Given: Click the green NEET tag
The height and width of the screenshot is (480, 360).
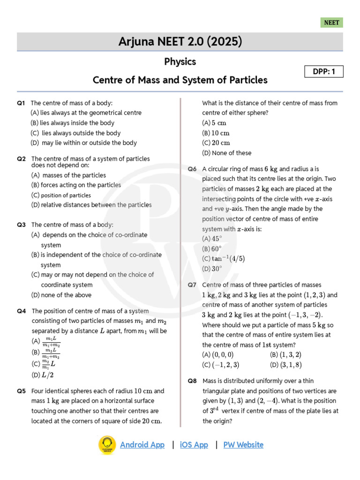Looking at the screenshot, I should pyautogui.click(x=332, y=22).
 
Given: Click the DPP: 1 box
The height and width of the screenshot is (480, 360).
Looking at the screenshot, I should pyautogui.click(x=324, y=72).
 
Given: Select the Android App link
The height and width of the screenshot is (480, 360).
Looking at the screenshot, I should pyautogui.click(x=142, y=445).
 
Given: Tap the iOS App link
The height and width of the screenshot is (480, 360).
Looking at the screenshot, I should pyautogui.click(x=194, y=445).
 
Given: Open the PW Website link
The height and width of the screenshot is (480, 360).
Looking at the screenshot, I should pyautogui.click(x=243, y=445).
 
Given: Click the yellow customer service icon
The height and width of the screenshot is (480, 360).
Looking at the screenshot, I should pyautogui.click(x=107, y=445).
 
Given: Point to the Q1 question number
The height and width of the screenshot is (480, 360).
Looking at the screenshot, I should pyautogui.click(x=21, y=103).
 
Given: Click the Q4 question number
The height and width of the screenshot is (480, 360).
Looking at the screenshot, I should pyautogui.click(x=21, y=311).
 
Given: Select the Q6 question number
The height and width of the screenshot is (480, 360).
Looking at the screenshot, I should pyautogui.click(x=192, y=169).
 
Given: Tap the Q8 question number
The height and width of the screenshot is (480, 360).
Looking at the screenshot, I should pyautogui.click(x=192, y=381).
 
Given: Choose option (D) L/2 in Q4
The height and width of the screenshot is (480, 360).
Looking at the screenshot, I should pyautogui.click(x=45, y=375).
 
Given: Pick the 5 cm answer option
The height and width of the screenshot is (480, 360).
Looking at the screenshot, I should pyautogui.click(x=214, y=123).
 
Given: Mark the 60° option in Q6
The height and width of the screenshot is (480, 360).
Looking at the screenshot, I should pyautogui.click(x=212, y=249).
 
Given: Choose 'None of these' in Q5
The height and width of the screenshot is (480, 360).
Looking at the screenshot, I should pyautogui.click(x=227, y=153).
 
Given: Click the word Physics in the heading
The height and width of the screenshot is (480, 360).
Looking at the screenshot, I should pyautogui.click(x=180, y=62).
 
